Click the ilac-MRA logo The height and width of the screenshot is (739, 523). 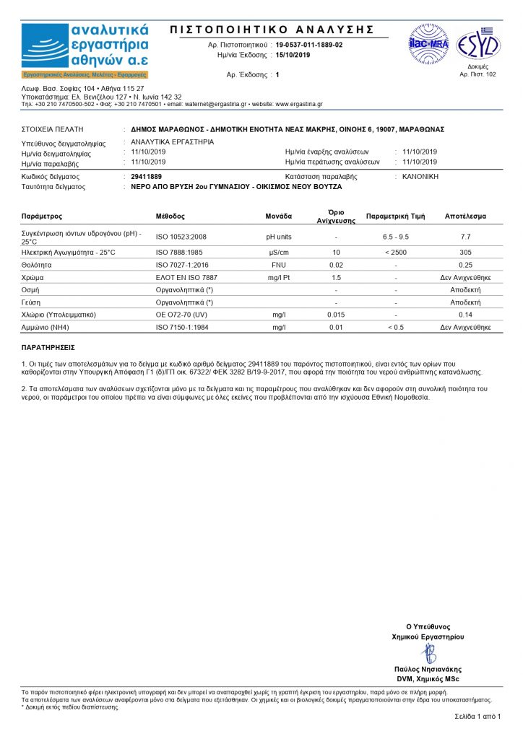pyautogui.click(x=429, y=43)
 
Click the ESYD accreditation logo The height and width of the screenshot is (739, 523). pyautogui.click(x=477, y=45)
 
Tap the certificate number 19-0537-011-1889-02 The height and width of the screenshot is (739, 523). pyautogui.click(x=309, y=45)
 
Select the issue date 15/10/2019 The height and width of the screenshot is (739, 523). pyautogui.click(x=293, y=55)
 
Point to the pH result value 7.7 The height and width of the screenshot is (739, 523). pyautogui.click(x=465, y=237)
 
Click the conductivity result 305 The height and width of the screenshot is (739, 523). pyautogui.click(x=465, y=252)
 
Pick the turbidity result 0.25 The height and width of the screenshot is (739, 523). pyautogui.click(x=465, y=265)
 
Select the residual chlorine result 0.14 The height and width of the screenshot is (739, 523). pyautogui.click(x=465, y=315)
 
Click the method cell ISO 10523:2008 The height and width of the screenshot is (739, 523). pyautogui.click(x=181, y=237)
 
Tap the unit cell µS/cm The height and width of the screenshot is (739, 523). pyautogui.click(x=279, y=252)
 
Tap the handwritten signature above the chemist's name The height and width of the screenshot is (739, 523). pyautogui.click(x=428, y=653)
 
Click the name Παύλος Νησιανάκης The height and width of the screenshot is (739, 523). pyautogui.click(x=428, y=669)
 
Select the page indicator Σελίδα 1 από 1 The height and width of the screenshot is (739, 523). pyautogui.click(x=477, y=716)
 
